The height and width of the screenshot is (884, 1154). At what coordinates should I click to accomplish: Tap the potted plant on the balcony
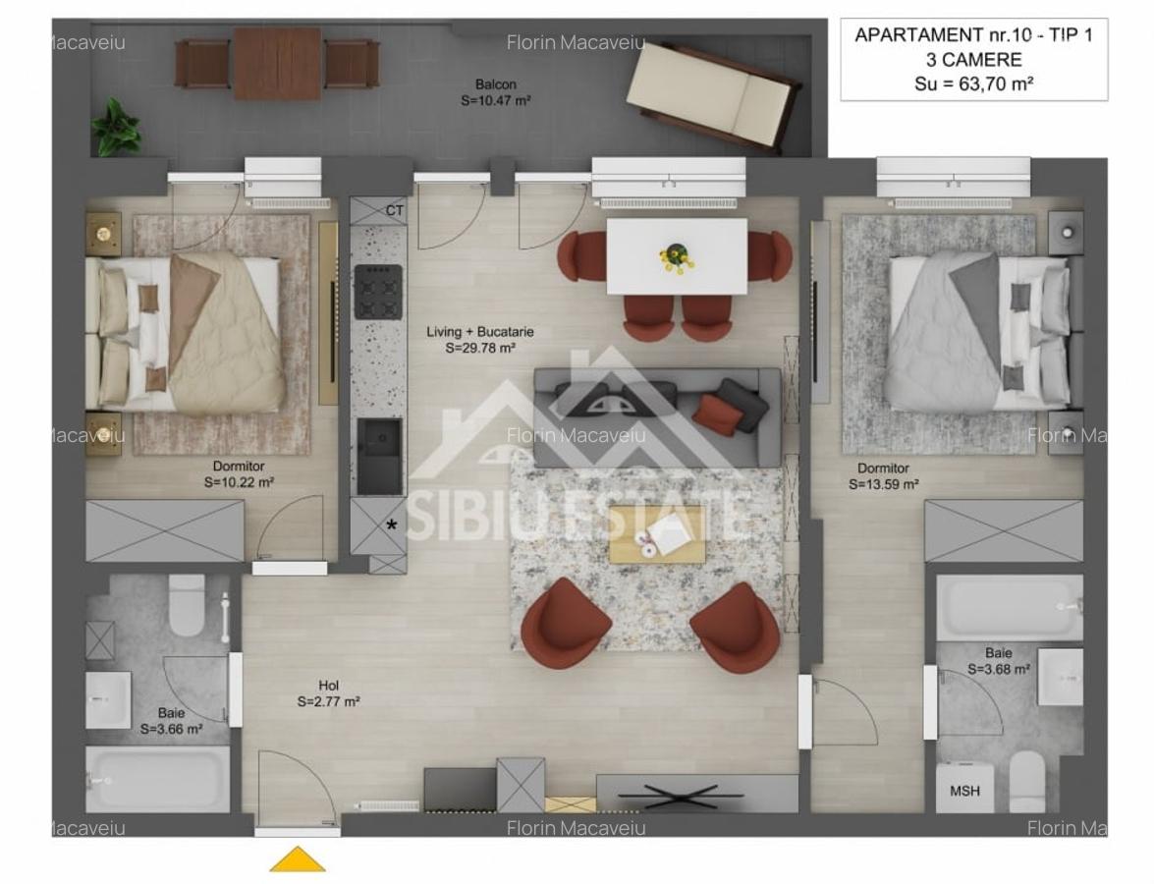click(116, 127)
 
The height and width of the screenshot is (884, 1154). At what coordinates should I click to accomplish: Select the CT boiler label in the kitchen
click(394, 210)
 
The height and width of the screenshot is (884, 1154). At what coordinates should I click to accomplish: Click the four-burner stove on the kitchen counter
click(378, 292)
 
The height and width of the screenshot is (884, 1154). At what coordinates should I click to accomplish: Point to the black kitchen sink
click(378, 456)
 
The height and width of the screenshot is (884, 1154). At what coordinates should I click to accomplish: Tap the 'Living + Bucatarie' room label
click(480, 332)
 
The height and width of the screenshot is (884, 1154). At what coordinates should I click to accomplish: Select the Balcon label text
click(495, 84)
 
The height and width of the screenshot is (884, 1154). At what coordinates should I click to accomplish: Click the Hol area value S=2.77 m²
click(328, 702)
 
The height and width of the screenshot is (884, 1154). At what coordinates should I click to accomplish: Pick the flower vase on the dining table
click(676, 255)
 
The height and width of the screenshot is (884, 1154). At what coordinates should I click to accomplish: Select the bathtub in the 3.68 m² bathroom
click(1009, 607)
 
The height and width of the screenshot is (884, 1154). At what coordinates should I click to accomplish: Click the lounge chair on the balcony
click(715, 96)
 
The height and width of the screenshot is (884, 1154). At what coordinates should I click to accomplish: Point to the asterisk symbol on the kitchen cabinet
click(392, 525)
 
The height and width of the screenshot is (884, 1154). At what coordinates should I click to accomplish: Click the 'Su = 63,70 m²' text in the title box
click(972, 84)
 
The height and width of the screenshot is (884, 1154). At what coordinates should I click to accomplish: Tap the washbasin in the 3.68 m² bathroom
click(1060, 677)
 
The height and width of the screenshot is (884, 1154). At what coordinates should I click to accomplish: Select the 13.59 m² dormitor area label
click(884, 484)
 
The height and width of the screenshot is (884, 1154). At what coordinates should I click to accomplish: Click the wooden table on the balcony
click(277, 63)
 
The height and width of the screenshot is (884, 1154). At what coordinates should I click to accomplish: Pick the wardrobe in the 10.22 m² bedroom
click(164, 530)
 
